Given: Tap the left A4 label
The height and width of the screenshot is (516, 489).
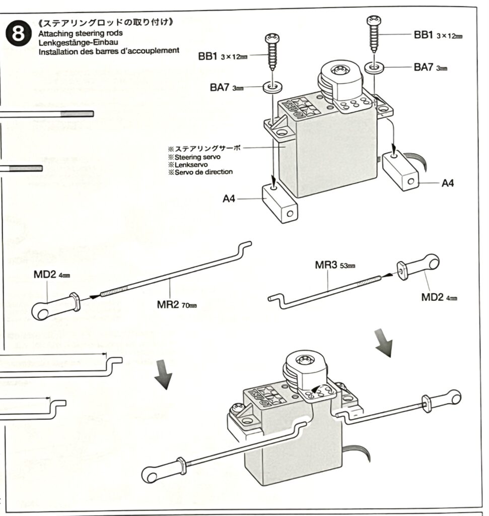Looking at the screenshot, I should click(229, 199).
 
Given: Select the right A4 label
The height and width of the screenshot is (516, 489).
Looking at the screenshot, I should click(447, 183).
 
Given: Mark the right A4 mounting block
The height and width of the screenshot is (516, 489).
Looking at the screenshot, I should click(401, 172).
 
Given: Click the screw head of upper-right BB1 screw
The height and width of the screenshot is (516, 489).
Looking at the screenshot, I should click(373, 20).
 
